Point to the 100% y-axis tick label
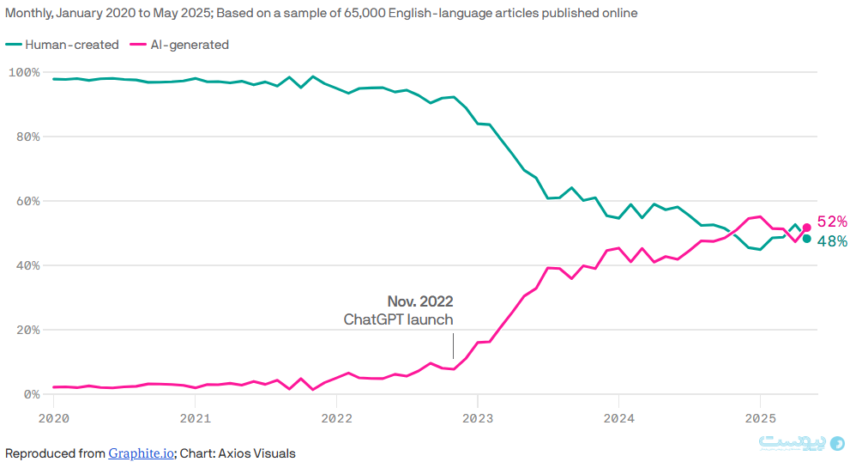pyautogui.click(x=23, y=72)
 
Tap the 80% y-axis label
pyautogui.click(x=27, y=137)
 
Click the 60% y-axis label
pyautogui.click(x=27, y=201)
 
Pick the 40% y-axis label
pyautogui.click(x=27, y=265)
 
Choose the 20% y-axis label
pyautogui.click(x=27, y=330)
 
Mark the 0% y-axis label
pyautogui.click(x=30, y=394)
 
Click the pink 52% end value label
pyautogui.click(x=832, y=222)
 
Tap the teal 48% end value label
pyautogui.click(x=832, y=242)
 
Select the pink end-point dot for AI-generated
pyautogui.click(x=806, y=228)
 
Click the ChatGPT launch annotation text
pyautogui.click(x=398, y=319)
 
